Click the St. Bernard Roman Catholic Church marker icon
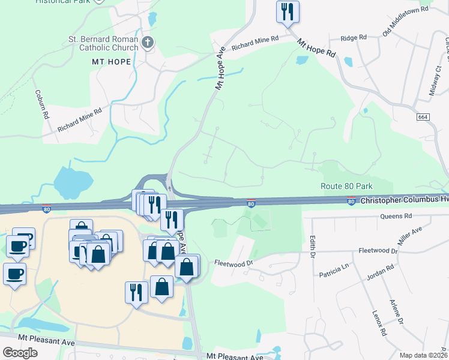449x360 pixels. [148, 42]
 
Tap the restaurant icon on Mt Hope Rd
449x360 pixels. [288, 11]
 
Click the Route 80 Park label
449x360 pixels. [347, 187]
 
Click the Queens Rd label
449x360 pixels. [400, 216]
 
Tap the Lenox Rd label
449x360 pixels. [378, 322]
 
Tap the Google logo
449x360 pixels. [20, 353]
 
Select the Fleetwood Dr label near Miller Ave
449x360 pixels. [377, 250]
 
